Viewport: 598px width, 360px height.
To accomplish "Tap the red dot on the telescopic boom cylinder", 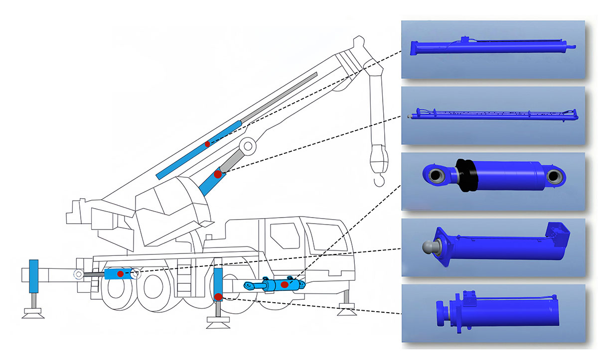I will click(207, 144).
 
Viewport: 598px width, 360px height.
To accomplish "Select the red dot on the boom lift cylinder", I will click(217, 174).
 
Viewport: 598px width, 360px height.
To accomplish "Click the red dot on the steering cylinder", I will click(284, 284).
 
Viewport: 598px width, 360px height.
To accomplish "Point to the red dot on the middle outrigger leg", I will click(218, 297).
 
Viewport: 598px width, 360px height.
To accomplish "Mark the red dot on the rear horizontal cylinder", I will click(120, 274).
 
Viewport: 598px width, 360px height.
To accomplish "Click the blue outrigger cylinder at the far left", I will click(34, 276).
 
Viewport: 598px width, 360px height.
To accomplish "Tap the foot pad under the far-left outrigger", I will click(34, 313).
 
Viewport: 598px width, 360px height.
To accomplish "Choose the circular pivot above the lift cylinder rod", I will click(248, 146).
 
